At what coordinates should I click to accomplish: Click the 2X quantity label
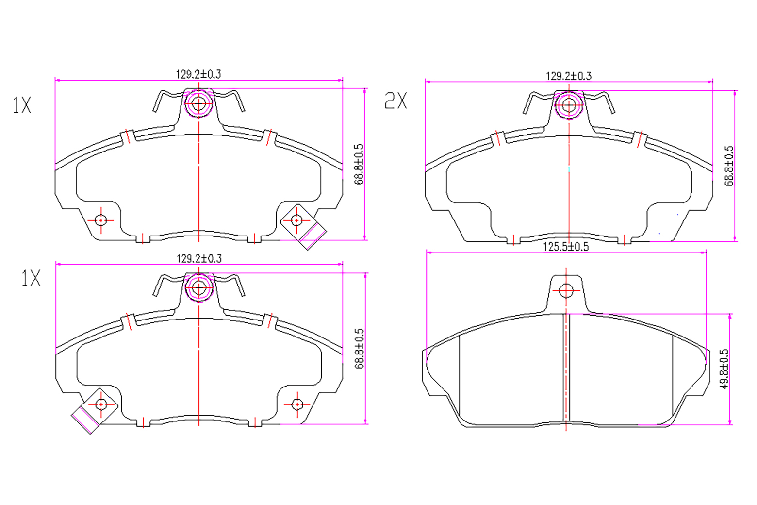click(x=396, y=101)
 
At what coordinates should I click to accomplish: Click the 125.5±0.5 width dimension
click(x=566, y=247)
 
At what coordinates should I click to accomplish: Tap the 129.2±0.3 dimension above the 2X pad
click(x=569, y=76)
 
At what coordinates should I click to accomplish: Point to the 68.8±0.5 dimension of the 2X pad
click(x=729, y=166)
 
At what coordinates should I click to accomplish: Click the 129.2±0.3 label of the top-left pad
click(x=198, y=74)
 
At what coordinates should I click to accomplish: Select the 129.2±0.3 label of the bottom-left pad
click(x=199, y=259)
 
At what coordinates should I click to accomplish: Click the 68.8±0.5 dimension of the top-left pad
click(x=359, y=165)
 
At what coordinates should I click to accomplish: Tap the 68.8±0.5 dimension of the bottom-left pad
click(x=359, y=349)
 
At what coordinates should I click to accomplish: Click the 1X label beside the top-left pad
click(x=22, y=105)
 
